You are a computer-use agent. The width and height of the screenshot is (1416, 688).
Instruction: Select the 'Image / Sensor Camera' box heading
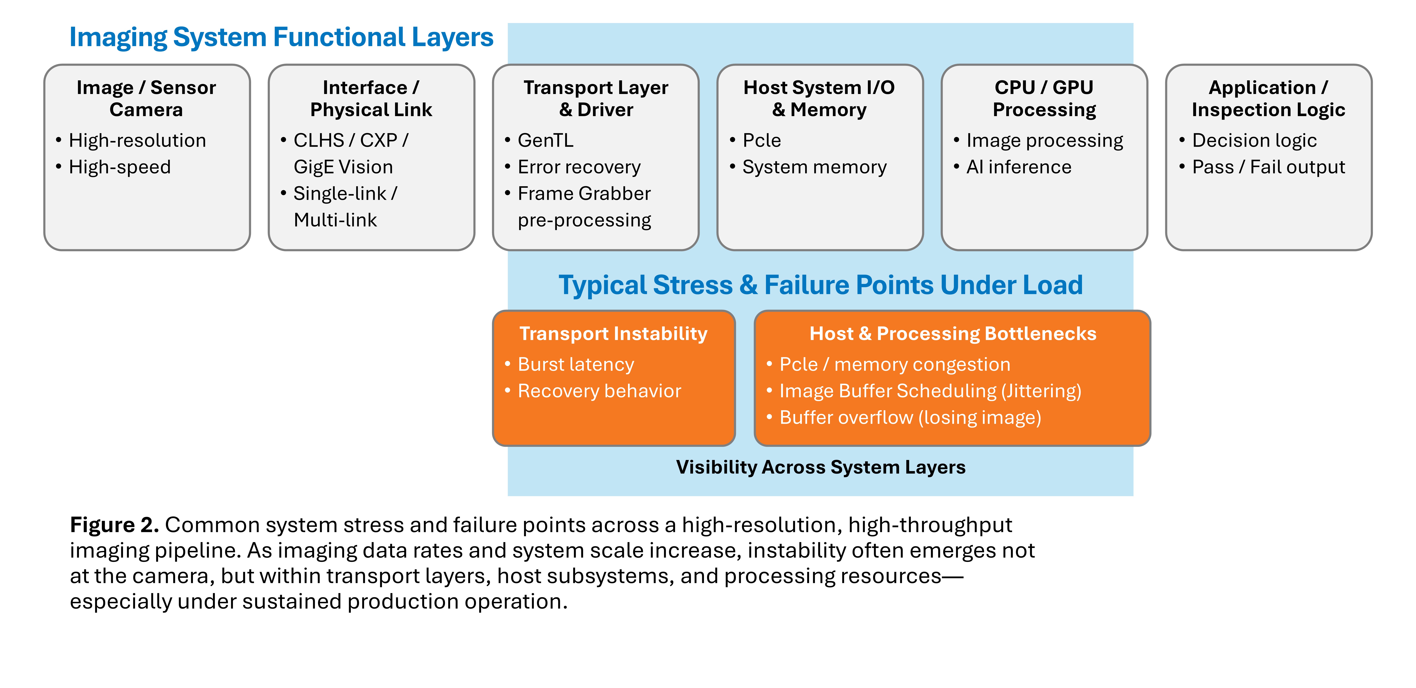click(x=146, y=98)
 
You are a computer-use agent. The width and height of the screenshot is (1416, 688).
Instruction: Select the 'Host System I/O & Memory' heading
click(x=819, y=98)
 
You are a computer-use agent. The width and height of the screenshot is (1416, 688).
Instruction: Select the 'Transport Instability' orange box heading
click(x=613, y=334)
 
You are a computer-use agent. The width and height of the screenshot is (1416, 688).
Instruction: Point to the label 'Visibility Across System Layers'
click(x=821, y=467)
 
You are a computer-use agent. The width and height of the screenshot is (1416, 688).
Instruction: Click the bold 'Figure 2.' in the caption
click(x=114, y=525)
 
